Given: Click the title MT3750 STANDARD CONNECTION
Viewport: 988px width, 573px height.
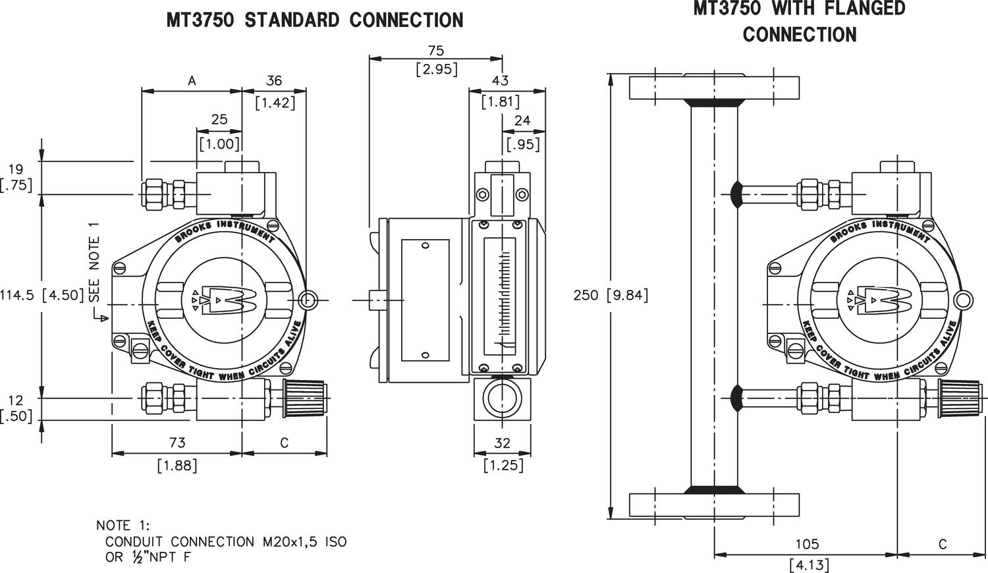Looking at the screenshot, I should coord(314,20).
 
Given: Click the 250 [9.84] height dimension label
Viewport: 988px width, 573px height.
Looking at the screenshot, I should coord(611,295).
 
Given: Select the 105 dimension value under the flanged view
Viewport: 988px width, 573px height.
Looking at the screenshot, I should coord(806,544).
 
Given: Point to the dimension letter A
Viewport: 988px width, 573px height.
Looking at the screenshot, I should coord(192,81).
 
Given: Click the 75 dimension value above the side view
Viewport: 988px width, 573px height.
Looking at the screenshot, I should coord(436,51).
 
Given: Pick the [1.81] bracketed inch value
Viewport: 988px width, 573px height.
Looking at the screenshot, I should coord(500,101).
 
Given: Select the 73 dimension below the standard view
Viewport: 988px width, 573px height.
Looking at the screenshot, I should coord(177,443).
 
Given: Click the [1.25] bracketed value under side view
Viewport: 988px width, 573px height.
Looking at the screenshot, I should coord(503,465).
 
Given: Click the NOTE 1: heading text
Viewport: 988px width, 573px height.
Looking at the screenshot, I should coord(123,525).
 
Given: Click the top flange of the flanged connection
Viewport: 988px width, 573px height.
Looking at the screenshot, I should coord(714,88).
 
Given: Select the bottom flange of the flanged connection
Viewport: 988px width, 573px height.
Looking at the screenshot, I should coord(714,505).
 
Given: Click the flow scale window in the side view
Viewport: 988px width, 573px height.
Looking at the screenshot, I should coord(503,295).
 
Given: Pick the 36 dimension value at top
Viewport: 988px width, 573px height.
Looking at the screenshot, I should coord(273,81).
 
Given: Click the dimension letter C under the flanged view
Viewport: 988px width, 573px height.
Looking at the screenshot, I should coord(942,544).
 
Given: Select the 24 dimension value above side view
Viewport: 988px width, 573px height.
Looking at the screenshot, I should coord(522,121).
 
